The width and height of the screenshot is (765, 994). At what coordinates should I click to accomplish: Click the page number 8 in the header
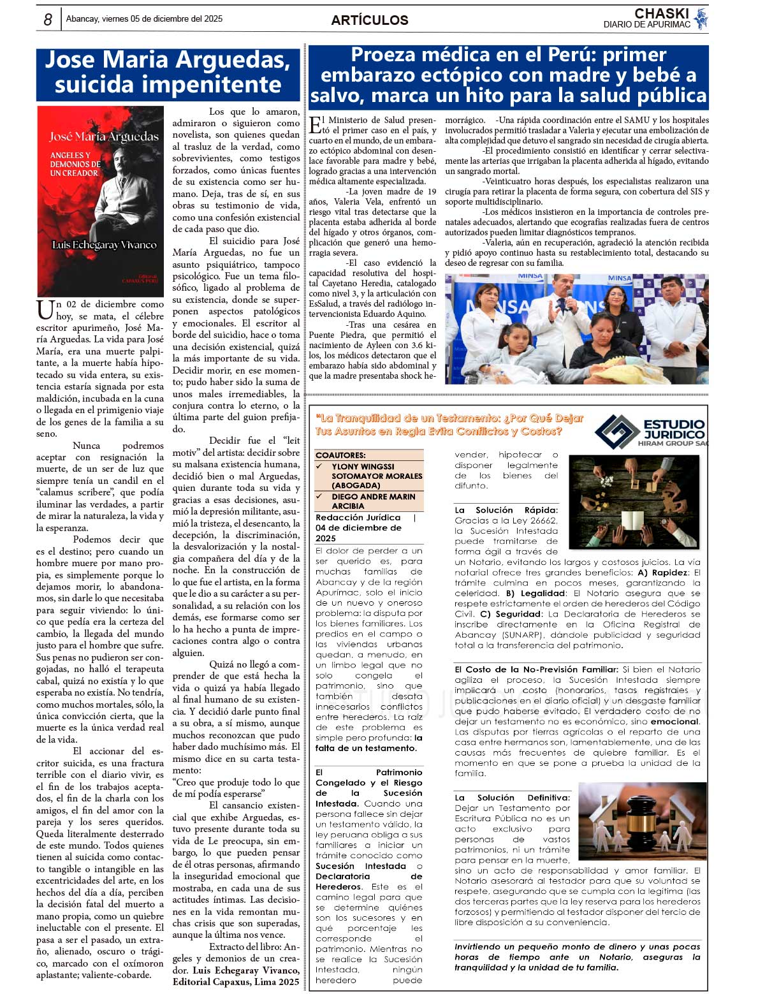(48, 20)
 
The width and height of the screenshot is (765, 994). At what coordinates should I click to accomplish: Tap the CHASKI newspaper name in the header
(661, 13)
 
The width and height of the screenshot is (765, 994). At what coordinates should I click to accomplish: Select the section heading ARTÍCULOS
(370, 20)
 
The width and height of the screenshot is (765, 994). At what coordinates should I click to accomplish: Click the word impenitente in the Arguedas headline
(168, 85)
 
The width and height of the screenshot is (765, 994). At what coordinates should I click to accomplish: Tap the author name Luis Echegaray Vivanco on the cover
(104, 245)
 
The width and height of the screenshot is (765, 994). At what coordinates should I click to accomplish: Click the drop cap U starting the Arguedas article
(45, 311)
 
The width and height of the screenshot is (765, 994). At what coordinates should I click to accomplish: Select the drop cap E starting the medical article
(315, 125)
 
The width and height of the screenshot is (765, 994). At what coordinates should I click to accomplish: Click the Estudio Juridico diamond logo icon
(616, 432)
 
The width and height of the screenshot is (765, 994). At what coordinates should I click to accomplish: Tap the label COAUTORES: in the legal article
(340, 455)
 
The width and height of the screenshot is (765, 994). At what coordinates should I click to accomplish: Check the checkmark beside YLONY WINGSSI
(320, 466)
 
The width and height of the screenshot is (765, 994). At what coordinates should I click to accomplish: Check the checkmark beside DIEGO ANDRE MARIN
(320, 496)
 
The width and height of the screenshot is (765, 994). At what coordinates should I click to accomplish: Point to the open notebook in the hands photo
(635, 520)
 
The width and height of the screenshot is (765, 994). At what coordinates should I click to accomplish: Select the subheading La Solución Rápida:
(506, 510)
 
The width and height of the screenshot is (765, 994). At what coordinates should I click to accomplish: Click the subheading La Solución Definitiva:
(512, 798)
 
